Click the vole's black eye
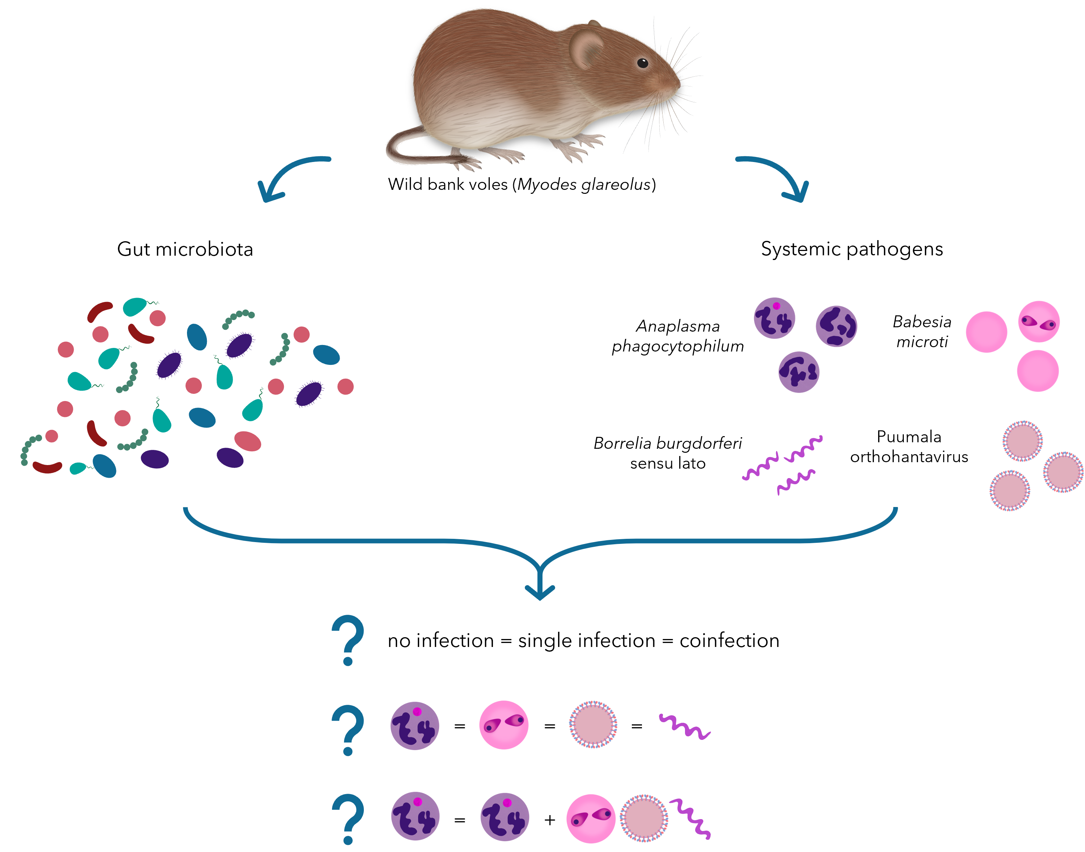(643, 63)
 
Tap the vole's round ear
(587, 49)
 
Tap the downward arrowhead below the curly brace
(540, 592)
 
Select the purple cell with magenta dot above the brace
(774, 318)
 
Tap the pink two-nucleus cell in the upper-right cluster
(1039, 322)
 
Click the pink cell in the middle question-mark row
(503, 725)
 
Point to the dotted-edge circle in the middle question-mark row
(593, 725)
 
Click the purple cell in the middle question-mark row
(414, 726)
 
